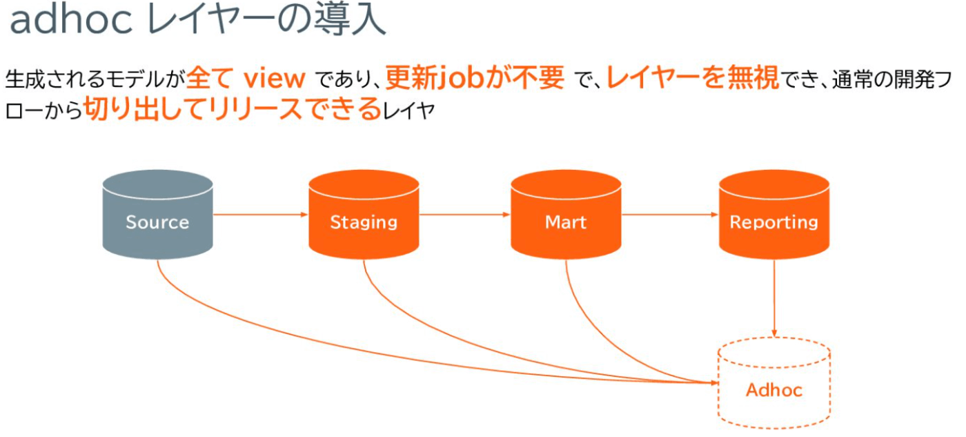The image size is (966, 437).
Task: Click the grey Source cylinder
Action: tap(157, 215)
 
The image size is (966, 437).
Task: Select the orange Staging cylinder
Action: tap(364, 215)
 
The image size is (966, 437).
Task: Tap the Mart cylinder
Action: tap(566, 215)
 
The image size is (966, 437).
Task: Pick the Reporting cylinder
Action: tap(774, 215)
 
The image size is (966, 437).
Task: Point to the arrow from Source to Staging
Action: tap(261, 215)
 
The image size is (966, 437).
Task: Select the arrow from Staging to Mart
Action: tap(465, 215)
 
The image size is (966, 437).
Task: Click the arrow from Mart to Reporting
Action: tap(670, 215)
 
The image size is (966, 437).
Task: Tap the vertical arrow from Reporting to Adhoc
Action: tap(774, 298)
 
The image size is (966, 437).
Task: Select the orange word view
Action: tap(275, 79)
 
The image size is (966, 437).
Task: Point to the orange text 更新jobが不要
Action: tap(475, 78)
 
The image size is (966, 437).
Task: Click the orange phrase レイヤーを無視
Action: tap(693, 77)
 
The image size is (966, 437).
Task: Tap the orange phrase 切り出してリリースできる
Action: tap(233, 108)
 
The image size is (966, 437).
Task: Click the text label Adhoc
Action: tap(774, 390)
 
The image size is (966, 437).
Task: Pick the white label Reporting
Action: tap(774, 222)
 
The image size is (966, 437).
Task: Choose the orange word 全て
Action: tap(210, 78)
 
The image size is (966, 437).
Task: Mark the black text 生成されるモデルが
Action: tap(95, 79)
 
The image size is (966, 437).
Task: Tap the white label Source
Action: tap(157, 222)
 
